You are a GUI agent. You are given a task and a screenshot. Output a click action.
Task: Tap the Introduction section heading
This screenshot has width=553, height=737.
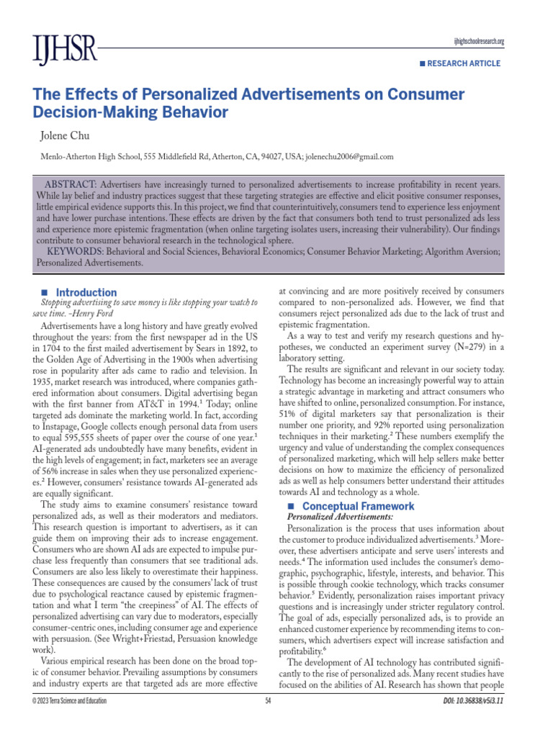point(86,292)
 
